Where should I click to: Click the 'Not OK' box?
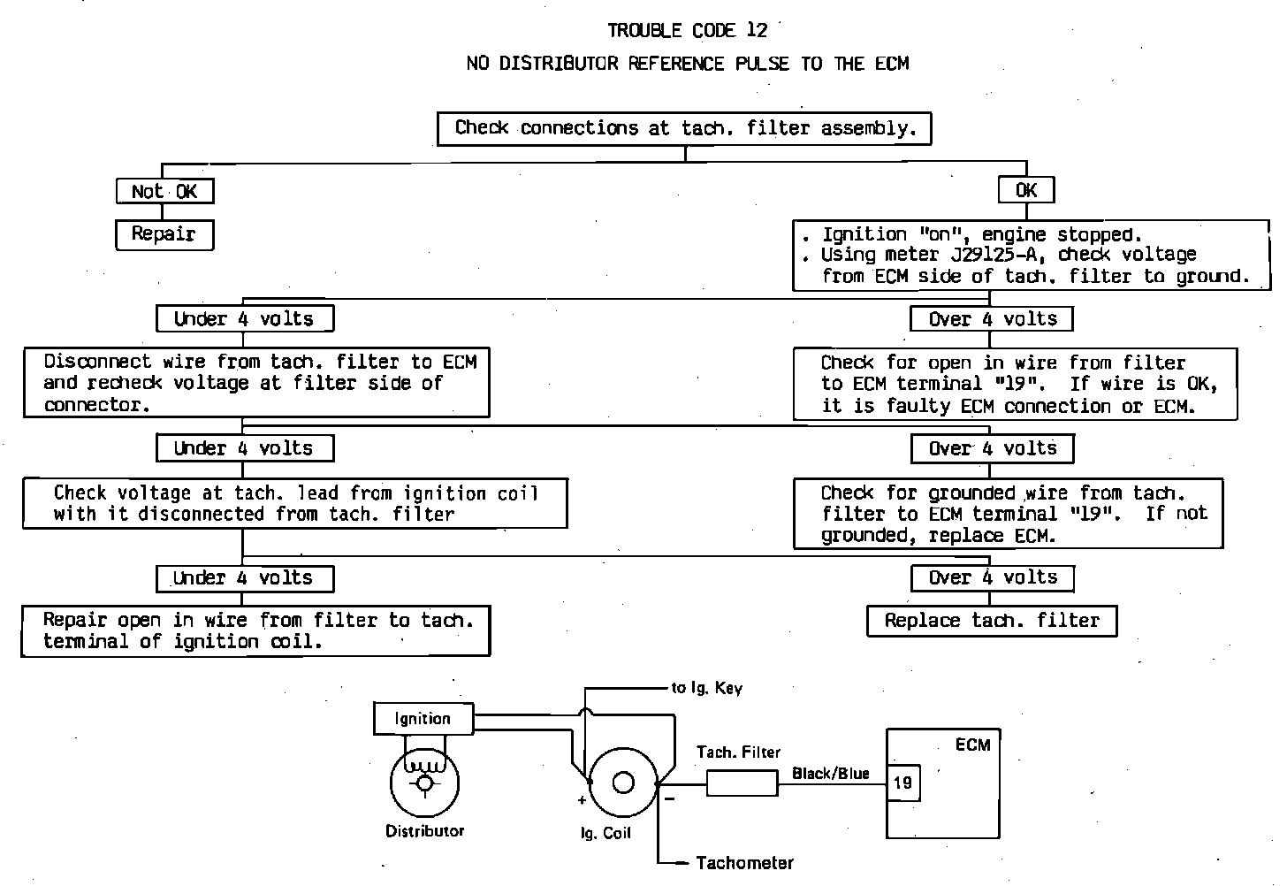click(x=164, y=191)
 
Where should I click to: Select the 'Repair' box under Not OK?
click(x=164, y=234)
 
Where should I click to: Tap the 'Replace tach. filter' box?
click(x=992, y=621)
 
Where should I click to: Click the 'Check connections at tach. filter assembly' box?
click(x=685, y=128)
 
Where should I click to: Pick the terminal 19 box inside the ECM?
click(x=903, y=783)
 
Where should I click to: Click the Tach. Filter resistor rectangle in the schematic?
click(x=742, y=783)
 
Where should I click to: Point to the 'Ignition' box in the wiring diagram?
click(x=423, y=719)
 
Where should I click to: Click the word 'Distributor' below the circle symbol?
click(x=424, y=831)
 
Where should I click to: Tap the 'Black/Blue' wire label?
click(x=830, y=774)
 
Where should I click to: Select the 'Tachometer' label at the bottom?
click(x=744, y=863)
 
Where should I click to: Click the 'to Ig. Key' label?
click(x=706, y=688)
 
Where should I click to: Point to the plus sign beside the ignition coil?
click(x=582, y=801)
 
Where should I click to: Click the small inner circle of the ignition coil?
click(x=623, y=783)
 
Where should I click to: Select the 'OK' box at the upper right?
click(x=1025, y=190)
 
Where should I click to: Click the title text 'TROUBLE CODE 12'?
click(x=687, y=31)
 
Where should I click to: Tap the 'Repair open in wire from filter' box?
click(x=255, y=630)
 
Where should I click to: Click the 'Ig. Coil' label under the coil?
click(x=605, y=833)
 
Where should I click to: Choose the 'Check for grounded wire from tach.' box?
click(x=1008, y=514)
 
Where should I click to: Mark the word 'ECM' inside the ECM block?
click(x=972, y=745)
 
